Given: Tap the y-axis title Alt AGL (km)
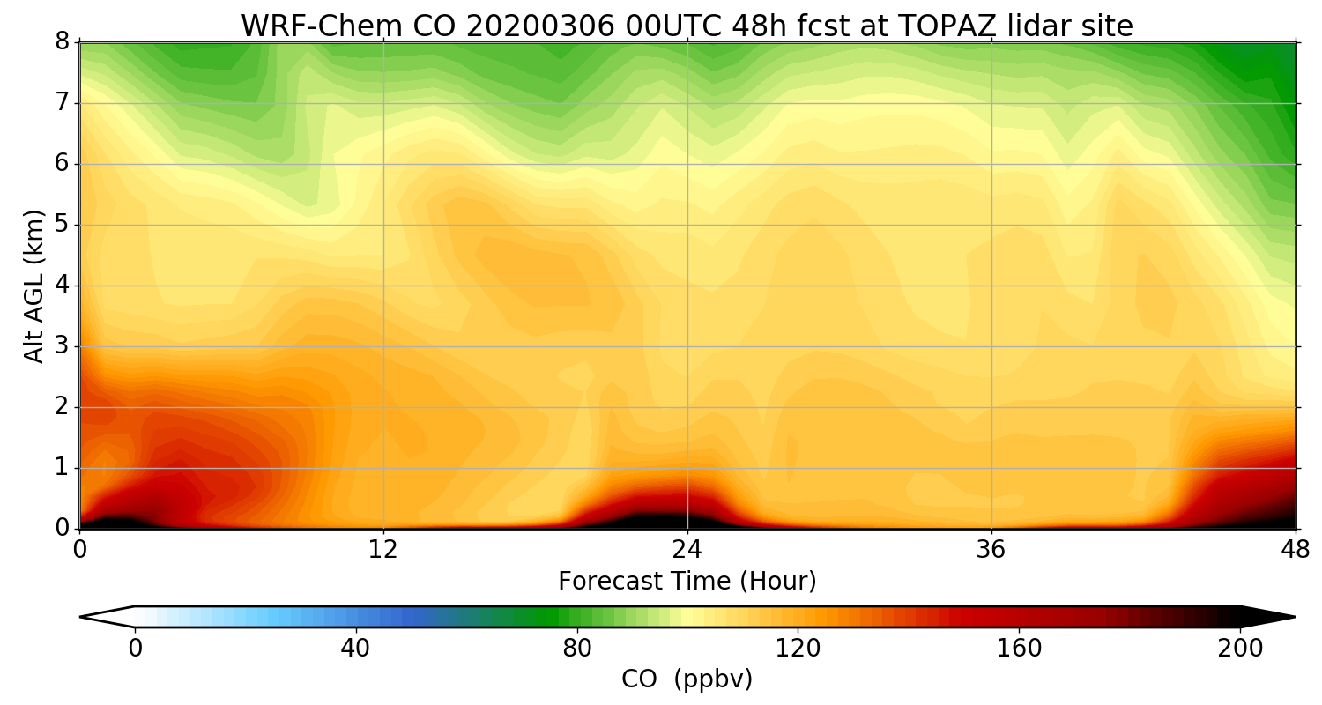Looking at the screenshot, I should (x=34, y=286).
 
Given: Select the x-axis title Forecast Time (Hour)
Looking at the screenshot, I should (x=687, y=582).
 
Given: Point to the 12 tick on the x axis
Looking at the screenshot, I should (x=383, y=548).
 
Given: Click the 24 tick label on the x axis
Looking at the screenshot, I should (x=687, y=548).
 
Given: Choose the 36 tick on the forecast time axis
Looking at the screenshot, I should (x=991, y=548).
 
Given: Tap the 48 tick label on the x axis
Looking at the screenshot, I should (x=1295, y=548).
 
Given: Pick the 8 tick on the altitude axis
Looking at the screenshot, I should (x=63, y=42).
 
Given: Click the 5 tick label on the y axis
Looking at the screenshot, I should (x=63, y=225).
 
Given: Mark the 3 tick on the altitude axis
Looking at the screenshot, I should (x=63, y=346).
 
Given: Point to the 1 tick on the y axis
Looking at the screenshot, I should (x=63, y=468).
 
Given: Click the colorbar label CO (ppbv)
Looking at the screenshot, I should (x=687, y=679).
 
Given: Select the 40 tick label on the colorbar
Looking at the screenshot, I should (x=355, y=649).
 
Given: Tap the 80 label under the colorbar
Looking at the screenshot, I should (x=577, y=649).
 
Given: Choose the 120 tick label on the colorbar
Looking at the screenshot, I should (x=798, y=649).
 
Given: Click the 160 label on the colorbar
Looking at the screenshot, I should (x=1020, y=649).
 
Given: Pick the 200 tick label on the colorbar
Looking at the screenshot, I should (x=1240, y=649).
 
